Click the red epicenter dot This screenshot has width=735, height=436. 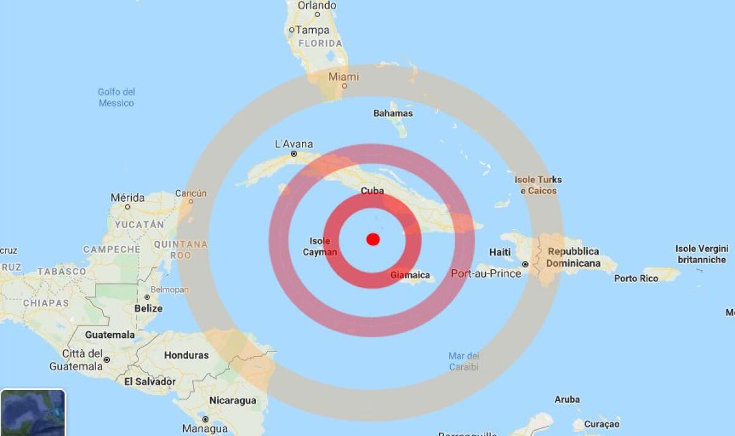click(x=373, y=239)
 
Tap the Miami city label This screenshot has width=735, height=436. click(x=344, y=77)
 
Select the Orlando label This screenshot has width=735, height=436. click(x=317, y=6)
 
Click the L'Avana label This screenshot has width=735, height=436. click(x=294, y=145)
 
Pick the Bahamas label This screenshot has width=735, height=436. click(x=393, y=113)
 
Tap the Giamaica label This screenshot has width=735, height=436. click(x=410, y=275)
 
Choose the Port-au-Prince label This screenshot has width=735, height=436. click(x=486, y=273)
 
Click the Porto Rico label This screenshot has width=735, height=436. click(x=636, y=278)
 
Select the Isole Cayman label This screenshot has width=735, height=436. click(x=320, y=247)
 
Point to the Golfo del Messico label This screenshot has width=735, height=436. click(x=116, y=98)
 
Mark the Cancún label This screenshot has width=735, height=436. click(x=191, y=193)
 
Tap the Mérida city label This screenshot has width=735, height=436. click(x=128, y=198)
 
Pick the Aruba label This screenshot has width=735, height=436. click(x=567, y=399)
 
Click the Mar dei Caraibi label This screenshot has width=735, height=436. click(x=464, y=361)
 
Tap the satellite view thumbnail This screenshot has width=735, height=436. click(x=32, y=413)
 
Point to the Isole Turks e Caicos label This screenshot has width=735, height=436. click(x=538, y=185)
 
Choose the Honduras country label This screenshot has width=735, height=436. click(x=186, y=355)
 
